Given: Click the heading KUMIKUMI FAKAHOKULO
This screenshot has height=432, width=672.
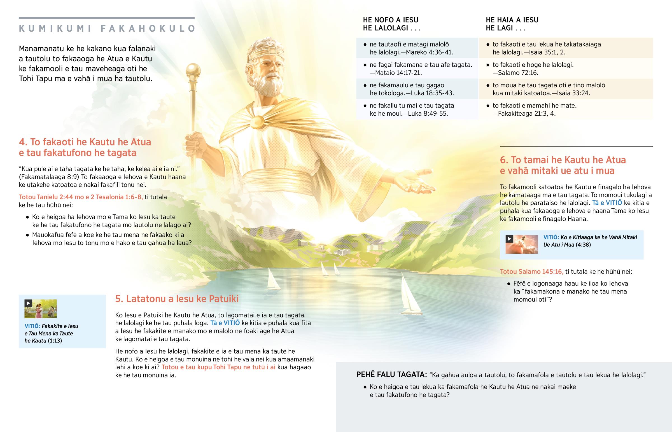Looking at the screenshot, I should [107, 29].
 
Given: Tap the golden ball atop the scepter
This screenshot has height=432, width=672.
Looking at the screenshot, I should [193, 70].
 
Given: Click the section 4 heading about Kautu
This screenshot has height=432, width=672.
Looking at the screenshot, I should [85, 147].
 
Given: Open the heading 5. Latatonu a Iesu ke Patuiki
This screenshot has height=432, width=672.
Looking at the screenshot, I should [177, 299].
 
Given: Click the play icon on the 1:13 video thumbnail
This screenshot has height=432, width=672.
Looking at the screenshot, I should [28, 303].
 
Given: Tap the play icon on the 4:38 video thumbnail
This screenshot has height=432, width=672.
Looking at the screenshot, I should [509, 239].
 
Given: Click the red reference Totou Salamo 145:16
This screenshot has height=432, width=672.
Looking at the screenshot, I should [531, 272].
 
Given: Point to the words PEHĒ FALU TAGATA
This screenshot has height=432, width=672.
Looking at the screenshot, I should [391, 375].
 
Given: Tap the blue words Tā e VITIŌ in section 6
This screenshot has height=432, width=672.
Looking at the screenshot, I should [607, 203].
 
